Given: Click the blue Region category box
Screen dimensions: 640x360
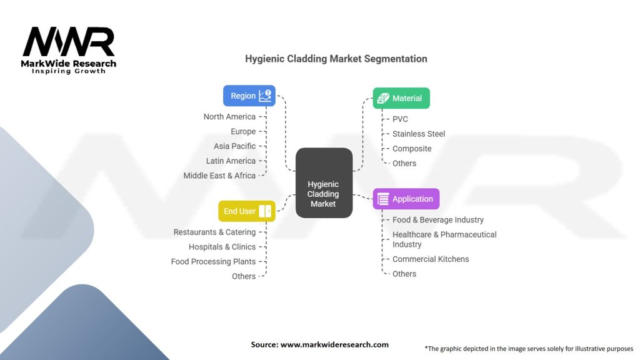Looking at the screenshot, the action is click(249, 96).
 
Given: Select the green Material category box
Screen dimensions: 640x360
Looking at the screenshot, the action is click(401, 98).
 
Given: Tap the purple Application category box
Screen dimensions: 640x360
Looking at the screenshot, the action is click(406, 199).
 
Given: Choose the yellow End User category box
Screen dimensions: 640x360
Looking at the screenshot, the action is click(247, 211).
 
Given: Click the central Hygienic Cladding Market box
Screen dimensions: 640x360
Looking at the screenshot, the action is click(324, 183).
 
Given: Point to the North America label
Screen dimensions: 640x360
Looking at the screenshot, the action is click(229, 117).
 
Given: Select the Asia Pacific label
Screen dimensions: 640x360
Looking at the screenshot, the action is click(235, 146).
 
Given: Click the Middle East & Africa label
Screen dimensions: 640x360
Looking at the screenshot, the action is click(219, 176).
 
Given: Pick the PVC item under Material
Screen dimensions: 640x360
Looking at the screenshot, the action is click(400, 119).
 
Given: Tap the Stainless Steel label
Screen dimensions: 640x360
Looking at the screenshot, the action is click(419, 134).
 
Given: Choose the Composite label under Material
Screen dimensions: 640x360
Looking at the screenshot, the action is click(412, 149).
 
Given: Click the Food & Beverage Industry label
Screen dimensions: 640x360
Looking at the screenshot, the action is click(438, 219).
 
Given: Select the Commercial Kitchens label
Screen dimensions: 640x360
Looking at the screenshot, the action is click(431, 259).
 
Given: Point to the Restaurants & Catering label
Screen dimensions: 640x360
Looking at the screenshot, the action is click(215, 232).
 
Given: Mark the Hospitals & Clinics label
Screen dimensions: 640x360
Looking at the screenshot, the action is click(222, 247).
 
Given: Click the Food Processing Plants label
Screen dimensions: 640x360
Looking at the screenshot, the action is click(213, 262).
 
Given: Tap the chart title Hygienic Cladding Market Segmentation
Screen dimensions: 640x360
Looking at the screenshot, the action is click(336, 59).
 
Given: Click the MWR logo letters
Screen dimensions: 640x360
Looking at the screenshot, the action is click(69, 41).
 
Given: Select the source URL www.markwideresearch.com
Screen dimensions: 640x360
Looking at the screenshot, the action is click(334, 344).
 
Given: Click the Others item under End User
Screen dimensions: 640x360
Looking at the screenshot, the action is click(244, 276).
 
